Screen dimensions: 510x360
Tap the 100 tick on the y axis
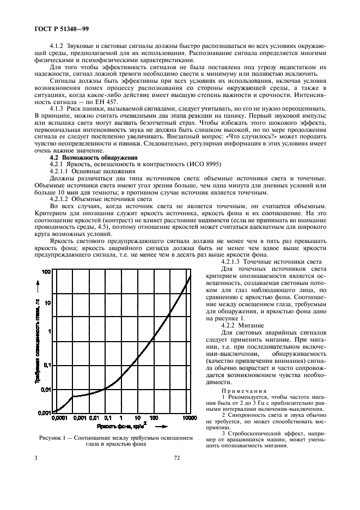(x=47, y=271)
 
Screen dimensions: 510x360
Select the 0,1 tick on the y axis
(x=47, y=365)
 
